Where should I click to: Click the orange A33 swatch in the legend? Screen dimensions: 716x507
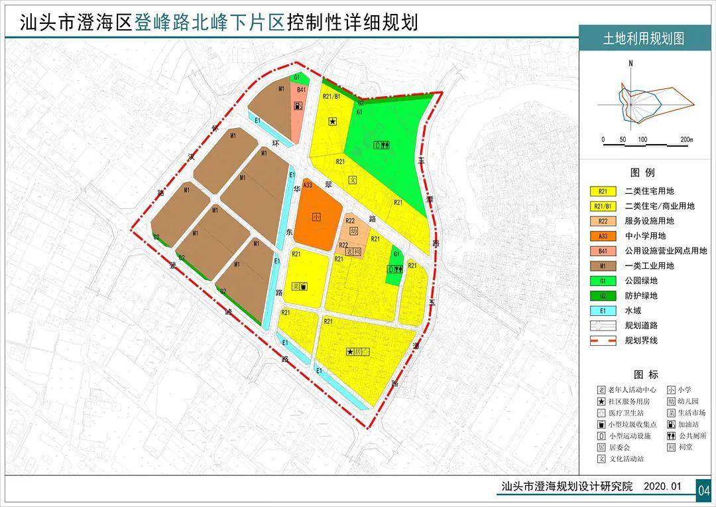tap(603, 236)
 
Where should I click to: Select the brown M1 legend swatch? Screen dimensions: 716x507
tap(603, 266)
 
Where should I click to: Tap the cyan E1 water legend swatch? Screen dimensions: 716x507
tap(603, 311)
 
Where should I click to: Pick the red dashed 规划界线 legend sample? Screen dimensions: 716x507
tap(603, 340)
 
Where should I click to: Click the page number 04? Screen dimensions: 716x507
tap(703, 490)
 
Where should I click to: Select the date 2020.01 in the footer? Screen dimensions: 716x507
tap(662, 487)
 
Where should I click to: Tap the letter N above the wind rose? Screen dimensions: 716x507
tap(632, 64)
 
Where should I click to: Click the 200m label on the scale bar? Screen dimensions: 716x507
tap(686, 140)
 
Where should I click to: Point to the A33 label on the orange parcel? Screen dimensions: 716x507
tap(307, 186)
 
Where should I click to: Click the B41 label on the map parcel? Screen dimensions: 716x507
tap(300, 90)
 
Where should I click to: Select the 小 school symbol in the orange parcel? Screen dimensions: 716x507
tap(317, 217)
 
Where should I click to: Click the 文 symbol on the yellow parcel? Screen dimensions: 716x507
tap(353, 180)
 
